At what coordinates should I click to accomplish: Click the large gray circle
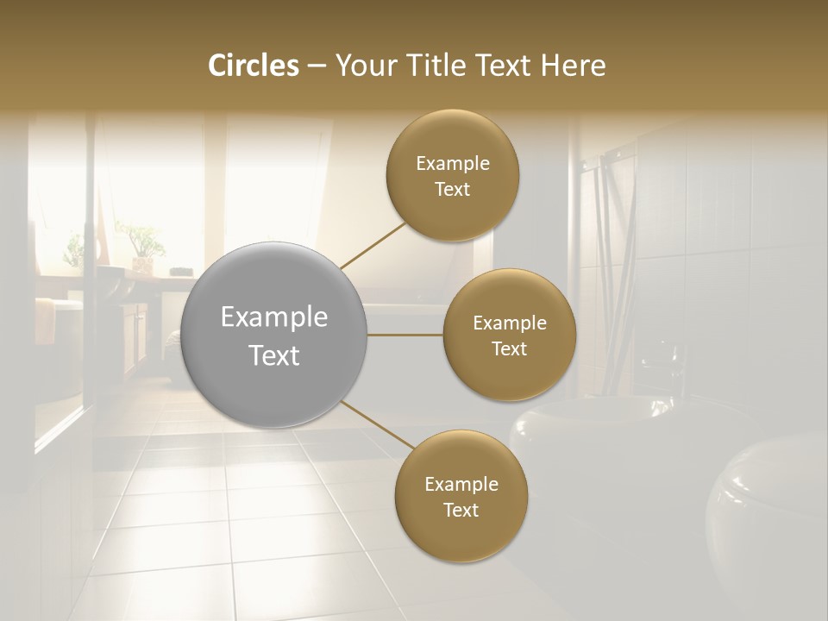pos(275,335)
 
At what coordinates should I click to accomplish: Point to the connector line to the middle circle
pos(405,335)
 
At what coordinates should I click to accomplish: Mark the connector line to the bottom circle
pos(377,425)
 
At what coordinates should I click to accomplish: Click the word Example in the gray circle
pos(274,317)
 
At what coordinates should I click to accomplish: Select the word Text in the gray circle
pos(274,355)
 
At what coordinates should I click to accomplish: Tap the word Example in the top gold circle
pos(453,164)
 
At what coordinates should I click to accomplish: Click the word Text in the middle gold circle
pos(509,348)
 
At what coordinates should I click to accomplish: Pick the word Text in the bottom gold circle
pos(461,510)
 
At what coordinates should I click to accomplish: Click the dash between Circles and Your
pos(317,66)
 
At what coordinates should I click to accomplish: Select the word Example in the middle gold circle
pos(510,323)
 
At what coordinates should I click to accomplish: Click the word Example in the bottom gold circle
pos(461,484)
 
